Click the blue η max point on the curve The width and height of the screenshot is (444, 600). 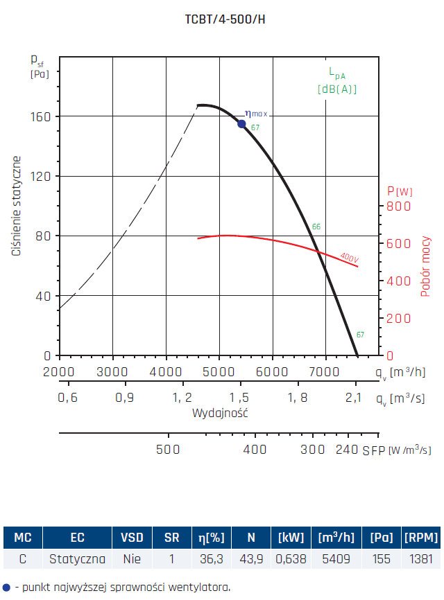pos(241,124)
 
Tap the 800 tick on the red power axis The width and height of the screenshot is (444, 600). pos(398,206)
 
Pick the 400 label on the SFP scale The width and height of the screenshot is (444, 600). pos(255,449)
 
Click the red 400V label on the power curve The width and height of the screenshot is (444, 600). pos(349,257)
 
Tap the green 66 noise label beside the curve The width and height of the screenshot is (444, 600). pos(316,227)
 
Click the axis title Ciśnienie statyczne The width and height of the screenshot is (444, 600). pos(16,206)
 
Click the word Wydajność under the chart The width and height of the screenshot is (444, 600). pos(220,413)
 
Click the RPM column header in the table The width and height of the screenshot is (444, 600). pos(421,538)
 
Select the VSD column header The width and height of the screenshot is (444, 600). pos(132,538)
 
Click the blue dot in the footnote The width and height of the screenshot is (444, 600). pos(6,587)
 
